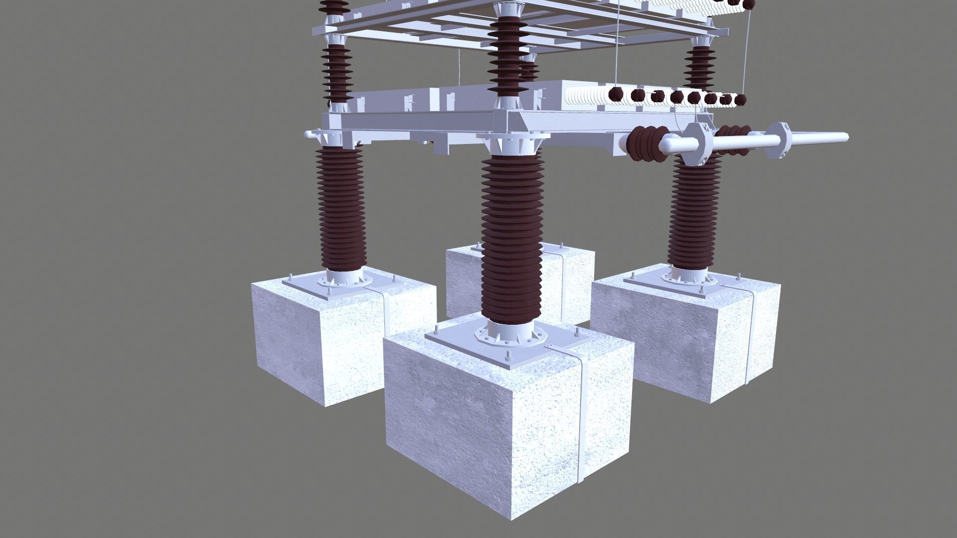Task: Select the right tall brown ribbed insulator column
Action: coord(694,214)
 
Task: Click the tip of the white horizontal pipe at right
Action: coord(842,136)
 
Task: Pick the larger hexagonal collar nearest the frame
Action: coord(698,144)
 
